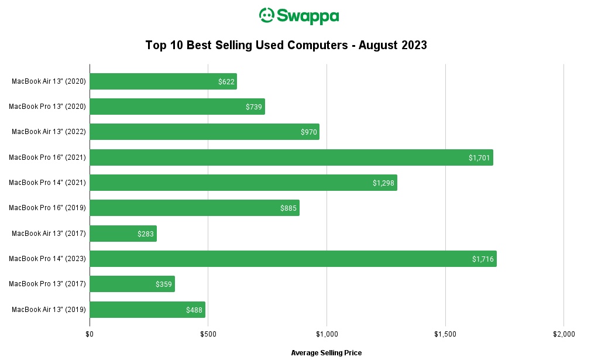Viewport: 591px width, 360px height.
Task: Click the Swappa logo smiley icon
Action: [x=267, y=16]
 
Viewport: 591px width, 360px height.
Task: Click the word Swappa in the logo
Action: [x=307, y=16]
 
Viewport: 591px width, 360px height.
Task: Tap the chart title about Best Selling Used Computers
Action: [x=286, y=46]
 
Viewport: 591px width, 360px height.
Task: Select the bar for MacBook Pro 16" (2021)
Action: [x=291, y=157]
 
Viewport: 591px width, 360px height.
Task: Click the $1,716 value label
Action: [x=483, y=259]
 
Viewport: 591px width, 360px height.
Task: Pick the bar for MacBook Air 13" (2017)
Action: [x=123, y=234]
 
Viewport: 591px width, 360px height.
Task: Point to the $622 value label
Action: [x=226, y=82]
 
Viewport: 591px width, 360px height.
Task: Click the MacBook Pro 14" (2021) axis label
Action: [x=47, y=183]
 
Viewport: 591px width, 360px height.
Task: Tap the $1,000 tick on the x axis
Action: [x=327, y=334]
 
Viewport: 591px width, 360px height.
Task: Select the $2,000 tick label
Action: [x=563, y=334]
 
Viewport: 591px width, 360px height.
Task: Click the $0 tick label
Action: [x=90, y=334]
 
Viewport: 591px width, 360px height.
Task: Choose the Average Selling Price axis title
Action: [x=326, y=352]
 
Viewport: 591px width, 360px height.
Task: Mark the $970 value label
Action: [x=309, y=132]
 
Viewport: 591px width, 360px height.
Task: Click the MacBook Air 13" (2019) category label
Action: [x=49, y=309]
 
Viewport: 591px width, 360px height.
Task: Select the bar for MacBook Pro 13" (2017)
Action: [x=132, y=284]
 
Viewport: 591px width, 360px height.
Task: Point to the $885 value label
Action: [x=289, y=208]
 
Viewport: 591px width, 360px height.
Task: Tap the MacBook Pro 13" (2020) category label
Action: [x=47, y=107]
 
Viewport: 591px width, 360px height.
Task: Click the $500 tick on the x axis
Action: [x=208, y=334]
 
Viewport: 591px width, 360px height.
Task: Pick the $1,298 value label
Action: [x=383, y=183]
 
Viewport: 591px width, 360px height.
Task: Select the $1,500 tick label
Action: [x=445, y=334]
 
